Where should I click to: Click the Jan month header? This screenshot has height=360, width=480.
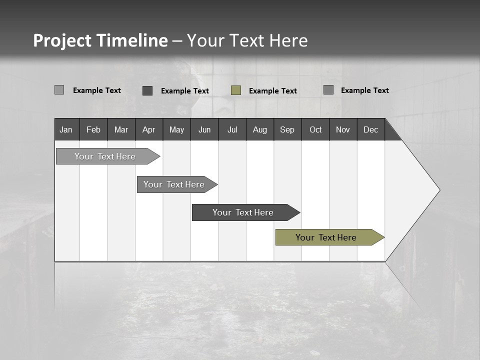[x=66, y=129]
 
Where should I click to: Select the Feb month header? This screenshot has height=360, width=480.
[x=93, y=129]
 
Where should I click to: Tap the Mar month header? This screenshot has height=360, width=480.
[x=121, y=129]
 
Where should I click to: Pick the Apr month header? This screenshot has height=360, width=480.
[x=149, y=129]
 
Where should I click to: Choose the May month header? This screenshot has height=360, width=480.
[x=176, y=129]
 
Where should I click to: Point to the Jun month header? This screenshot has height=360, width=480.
[x=204, y=129]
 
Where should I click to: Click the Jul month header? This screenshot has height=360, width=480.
[x=232, y=129]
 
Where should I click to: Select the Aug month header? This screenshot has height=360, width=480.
[x=260, y=129]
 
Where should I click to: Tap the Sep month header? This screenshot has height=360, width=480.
[x=287, y=129]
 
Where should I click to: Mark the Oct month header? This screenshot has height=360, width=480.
[x=315, y=129]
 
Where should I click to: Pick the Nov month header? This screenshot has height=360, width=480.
[x=343, y=129]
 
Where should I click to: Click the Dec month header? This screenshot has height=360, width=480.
[x=371, y=129]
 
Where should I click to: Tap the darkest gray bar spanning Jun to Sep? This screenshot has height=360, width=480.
[x=243, y=212]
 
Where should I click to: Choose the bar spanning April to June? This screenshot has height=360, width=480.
[x=174, y=184]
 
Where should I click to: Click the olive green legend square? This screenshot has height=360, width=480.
[x=236, y=90]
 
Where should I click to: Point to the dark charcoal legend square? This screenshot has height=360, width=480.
[x=147, y=90]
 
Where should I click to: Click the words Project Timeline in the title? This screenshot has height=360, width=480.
[x=100, y=40]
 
